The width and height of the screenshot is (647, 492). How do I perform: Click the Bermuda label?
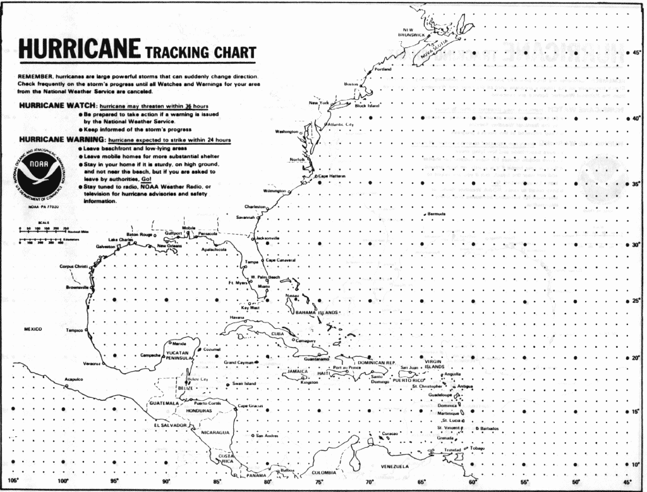click(x=437, y=214)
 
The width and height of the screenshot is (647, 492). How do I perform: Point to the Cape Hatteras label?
click(x=331, y=176)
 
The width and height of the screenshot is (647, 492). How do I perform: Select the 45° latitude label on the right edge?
click(x=637, y=53)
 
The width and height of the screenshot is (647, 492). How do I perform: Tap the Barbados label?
click(x=490, y=428)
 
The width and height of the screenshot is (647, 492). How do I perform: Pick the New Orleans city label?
click(x=169, y=245)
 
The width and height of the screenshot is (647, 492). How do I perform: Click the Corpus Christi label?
click(x=73, y=266)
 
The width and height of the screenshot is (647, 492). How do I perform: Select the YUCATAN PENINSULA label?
click(x=178, y=355)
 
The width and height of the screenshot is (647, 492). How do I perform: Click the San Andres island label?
click(x=267, y=435)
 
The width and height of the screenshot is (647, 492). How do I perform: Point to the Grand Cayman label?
click(x=239, y=362)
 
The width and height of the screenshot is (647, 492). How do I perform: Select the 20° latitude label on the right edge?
click(x=637, y=357)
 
